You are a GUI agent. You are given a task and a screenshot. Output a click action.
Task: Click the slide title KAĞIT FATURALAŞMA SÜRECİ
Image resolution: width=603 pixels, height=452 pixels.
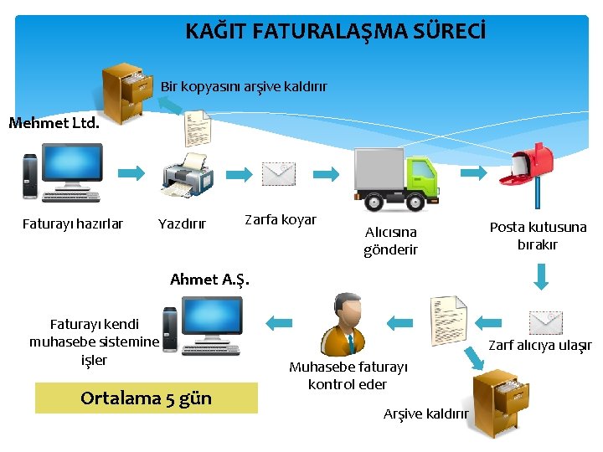[x=334, y=33]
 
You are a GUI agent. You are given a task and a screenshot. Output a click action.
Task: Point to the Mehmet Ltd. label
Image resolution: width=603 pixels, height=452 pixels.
[x=54, y=124]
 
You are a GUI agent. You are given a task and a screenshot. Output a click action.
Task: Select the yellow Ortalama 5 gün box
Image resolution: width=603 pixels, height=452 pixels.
[x=147, y=398]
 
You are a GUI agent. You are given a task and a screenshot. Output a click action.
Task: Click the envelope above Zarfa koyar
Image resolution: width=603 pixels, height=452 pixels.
[x=278, y=174]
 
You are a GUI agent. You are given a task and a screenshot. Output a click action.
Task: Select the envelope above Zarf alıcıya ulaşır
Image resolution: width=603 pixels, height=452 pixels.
[x=546, y=322]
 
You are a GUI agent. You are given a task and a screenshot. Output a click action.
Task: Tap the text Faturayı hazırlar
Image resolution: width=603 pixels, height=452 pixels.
[x=73, y=223]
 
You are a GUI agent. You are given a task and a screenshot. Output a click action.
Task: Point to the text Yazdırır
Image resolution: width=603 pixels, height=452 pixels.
[x=182, y=223]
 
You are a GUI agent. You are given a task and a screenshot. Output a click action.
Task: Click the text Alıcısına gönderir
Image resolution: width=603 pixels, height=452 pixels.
[x=390, y=240]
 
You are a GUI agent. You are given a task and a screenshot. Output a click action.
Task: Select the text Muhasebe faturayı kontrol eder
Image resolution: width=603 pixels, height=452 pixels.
[x=348, y=376]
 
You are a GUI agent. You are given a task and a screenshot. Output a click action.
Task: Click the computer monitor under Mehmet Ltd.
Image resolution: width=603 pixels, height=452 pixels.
[x=71, y=170]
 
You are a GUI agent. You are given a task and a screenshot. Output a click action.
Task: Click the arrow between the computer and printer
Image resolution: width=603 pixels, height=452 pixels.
[x=131, y=173]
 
